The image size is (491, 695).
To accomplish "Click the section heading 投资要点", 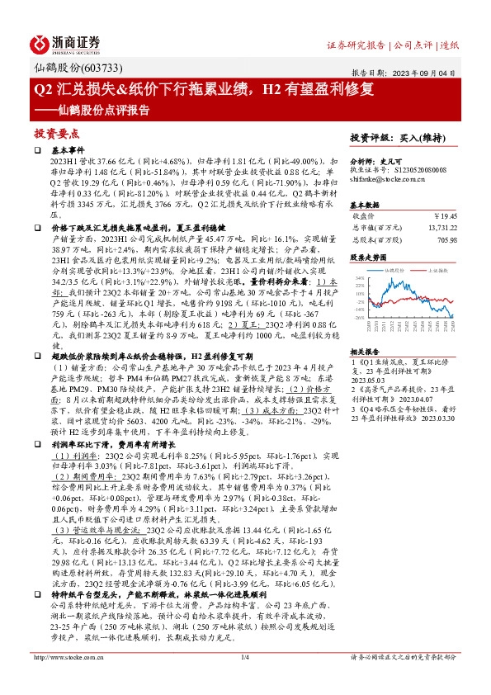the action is [x=56, y=133].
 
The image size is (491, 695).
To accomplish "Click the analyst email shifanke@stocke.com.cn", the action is [x=387, y=177].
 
